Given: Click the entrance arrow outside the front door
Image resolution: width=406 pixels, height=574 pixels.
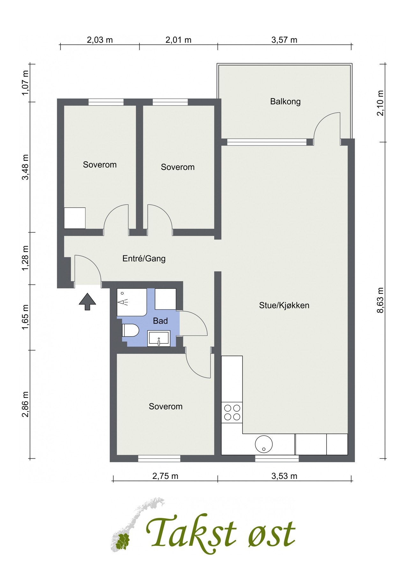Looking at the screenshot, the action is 87,302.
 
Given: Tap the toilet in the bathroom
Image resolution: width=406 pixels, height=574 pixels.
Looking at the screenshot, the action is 130,330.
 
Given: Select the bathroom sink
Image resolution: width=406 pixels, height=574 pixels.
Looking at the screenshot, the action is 159,338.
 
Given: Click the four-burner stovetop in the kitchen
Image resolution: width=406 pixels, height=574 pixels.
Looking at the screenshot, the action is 232,412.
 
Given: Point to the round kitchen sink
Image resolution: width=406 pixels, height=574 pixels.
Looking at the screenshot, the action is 264,444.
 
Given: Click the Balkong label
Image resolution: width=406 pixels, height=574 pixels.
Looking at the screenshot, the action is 285,102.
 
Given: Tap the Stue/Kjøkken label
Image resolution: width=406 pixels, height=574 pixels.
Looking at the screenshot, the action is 284,305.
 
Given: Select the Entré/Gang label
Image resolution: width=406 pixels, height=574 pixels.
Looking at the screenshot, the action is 144,258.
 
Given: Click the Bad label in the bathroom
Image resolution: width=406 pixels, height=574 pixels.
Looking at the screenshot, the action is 160,321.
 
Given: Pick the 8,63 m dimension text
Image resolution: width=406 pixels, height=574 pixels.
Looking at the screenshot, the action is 381,300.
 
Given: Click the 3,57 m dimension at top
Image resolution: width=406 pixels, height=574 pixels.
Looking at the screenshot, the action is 284,40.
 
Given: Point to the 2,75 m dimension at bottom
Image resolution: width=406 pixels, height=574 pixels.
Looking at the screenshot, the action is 165,476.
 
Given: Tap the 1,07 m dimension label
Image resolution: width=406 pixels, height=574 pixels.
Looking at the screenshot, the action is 25,83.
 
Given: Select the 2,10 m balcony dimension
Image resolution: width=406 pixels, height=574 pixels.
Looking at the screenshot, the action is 381,103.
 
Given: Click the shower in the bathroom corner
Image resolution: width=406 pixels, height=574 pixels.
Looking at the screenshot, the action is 131,302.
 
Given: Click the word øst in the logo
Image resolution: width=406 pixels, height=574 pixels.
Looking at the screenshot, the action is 271,534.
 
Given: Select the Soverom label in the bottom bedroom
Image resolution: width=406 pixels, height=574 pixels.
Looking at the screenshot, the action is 166,406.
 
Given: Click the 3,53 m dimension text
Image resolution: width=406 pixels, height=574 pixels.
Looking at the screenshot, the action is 284,476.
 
